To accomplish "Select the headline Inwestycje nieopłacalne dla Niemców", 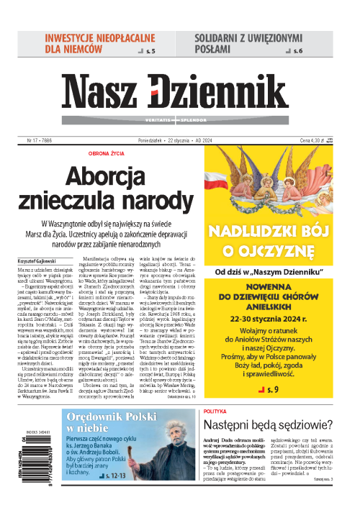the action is pyautogui.click(x=92, y=43).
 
